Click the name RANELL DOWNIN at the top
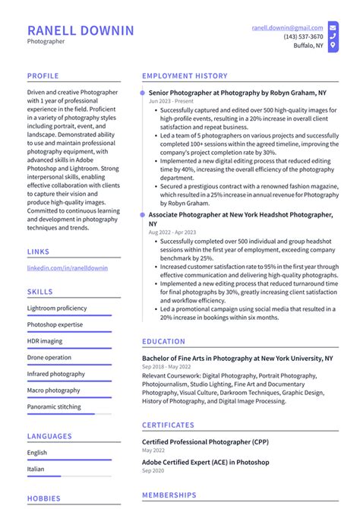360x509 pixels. [81, 30]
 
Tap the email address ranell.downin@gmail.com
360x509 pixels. [287, 27]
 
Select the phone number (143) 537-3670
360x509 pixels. [303, 36]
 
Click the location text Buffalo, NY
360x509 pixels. [308, 46]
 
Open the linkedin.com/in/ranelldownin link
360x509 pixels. [68, 268]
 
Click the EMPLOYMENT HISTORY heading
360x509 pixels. [185, 76]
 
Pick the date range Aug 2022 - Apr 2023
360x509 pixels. [171, 232]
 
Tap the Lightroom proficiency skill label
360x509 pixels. [56, 308]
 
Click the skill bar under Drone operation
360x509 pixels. [68, 365]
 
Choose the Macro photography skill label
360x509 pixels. [53, 390]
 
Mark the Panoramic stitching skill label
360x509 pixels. [55, 406]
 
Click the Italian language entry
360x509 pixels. [36, 469]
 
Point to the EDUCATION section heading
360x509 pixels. [163, 342]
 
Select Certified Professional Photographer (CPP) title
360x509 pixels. [205, 441]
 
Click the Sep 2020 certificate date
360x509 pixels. [153, 472]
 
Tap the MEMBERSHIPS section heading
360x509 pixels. [170, 495]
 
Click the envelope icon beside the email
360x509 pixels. [333, 27]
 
